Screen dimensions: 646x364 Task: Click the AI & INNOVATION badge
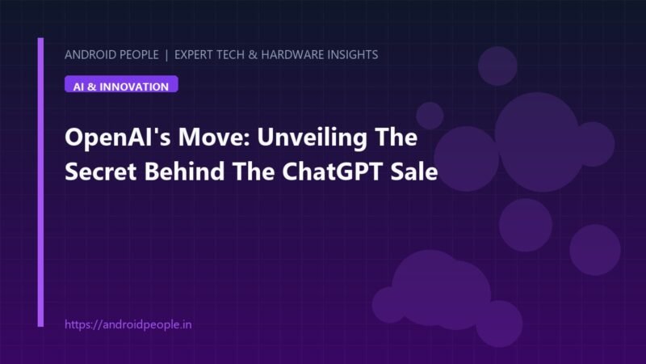[121, 84]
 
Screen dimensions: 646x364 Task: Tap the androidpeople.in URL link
[128, 325]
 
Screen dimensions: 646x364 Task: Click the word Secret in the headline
[100, 171]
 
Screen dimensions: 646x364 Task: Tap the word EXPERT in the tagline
[193, 54]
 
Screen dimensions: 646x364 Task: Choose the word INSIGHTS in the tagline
[353, 54]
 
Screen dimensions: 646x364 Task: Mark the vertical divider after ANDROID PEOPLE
[166, 55]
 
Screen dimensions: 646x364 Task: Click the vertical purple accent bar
[40, 182]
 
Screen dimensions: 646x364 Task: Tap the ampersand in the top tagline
[253, 54]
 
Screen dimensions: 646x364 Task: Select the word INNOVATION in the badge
[134, 87]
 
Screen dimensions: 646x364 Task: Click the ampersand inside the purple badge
[91, 87]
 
